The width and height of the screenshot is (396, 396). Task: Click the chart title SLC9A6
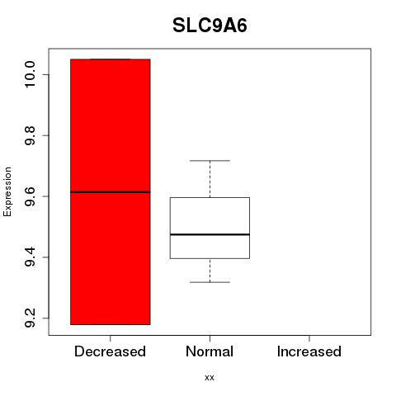(210, 26)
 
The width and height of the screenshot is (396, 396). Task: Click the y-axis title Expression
(7, 191)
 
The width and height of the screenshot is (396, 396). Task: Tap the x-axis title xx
(210, 377)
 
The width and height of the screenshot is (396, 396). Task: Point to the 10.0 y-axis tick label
(30, 74)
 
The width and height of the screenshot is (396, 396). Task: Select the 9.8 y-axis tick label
(30, 135)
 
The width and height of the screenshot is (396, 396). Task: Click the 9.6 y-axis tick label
(30, 196)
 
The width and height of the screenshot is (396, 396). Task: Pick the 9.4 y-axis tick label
(30, 257)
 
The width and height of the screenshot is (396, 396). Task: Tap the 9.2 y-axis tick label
(30, 318)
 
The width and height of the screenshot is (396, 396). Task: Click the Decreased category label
(110, 351)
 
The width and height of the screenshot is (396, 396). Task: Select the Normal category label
(210, 351)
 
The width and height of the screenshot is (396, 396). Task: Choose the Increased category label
(309, 351)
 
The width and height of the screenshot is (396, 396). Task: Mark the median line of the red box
(111, 192)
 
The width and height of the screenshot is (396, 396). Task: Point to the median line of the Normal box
(210, 234)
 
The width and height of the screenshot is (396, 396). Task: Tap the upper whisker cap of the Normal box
(210, 161)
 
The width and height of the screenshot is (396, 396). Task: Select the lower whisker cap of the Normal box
(210, 282)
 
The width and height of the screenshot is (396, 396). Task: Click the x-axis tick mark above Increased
(309, 338)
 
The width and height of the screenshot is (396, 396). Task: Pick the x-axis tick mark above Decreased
(111, 338)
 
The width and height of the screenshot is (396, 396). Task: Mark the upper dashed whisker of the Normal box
(210, 179)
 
